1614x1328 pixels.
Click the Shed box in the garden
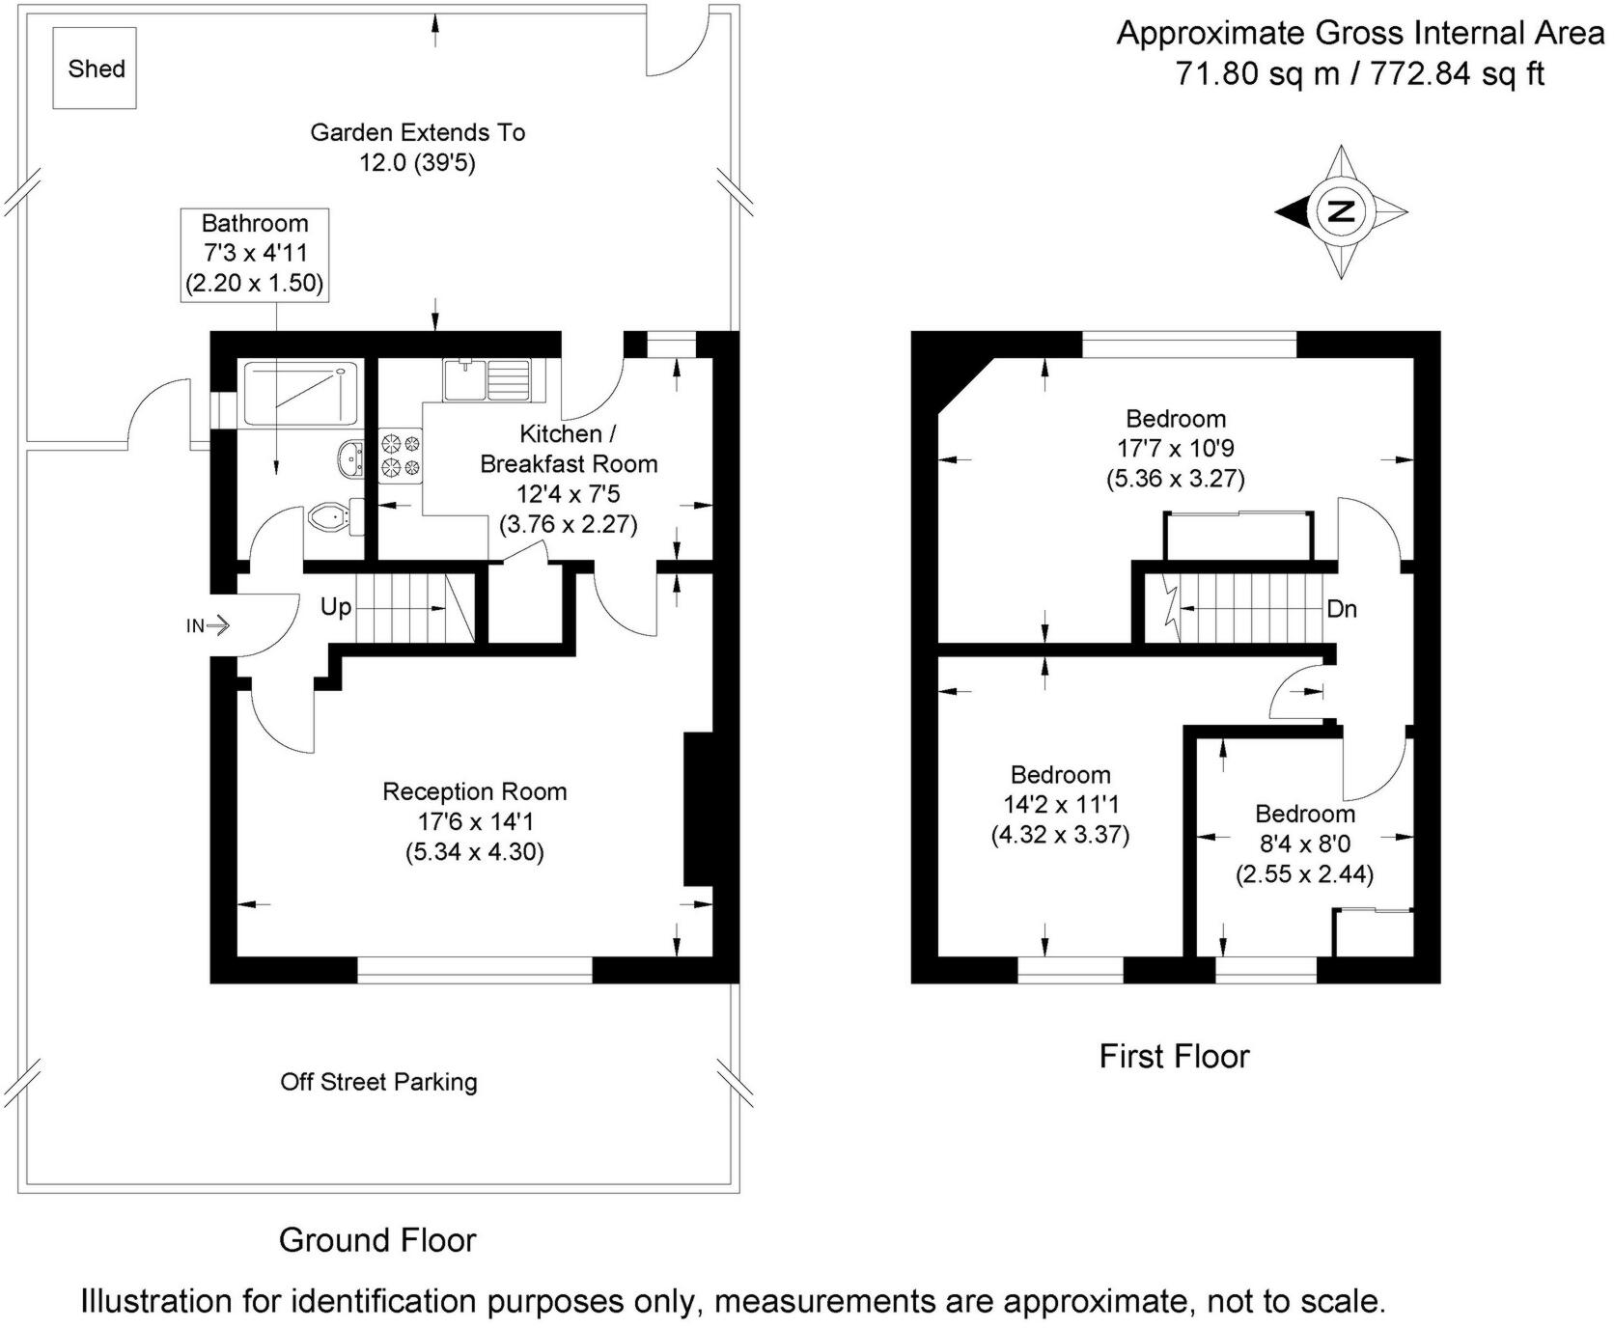point(95,68)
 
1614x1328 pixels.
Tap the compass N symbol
point(1341,211)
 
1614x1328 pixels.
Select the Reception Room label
point(474,792)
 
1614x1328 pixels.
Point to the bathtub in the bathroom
point(301,392)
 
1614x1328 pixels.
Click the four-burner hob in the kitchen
point(401,456)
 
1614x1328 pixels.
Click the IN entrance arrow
point(209,626)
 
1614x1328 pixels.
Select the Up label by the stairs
point(336,608)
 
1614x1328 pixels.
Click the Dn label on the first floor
point(1342,609)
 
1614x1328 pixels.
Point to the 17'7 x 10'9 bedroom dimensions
point(1175,449)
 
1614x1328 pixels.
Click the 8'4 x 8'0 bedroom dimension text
point(1305,844)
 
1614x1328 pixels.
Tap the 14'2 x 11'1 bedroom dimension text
point(1060,805)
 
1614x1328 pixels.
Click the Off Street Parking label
point(378,1082)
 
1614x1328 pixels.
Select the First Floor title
point(1174,1056)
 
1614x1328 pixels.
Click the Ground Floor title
point(377,1240)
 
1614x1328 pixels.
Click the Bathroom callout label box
point(255,254)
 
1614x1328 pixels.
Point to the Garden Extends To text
point(417,132)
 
